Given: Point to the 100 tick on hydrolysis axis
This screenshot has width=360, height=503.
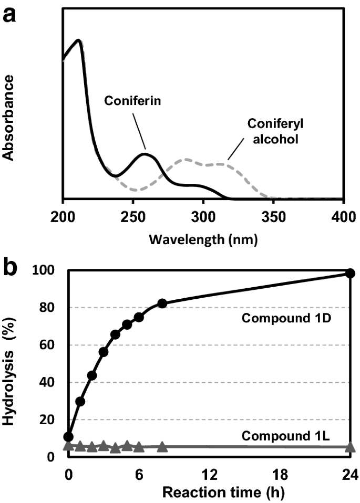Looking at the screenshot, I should [43, 270].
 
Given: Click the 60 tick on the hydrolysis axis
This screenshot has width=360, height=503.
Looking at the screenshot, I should [47, 345].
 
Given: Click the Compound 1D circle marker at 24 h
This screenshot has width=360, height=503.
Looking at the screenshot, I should [351, 274].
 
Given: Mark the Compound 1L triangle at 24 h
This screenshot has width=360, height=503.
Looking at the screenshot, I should [351, 447].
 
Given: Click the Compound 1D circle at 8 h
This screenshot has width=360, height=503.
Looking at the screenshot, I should [162, 303].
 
